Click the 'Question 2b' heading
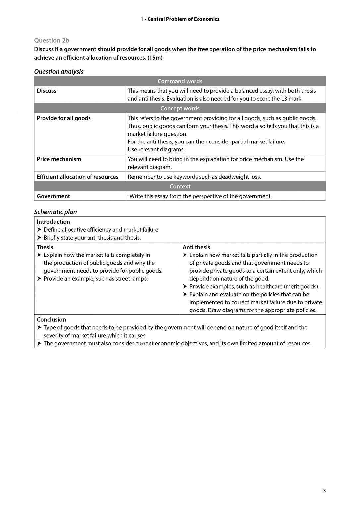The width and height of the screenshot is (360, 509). [x=52, y=40]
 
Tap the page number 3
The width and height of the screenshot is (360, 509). [x=324, y=491]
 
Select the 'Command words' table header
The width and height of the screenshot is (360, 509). [x=180, y=81]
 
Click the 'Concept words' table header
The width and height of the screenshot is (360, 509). [x=180, y=108]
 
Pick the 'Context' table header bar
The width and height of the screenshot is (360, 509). [x=180, y=186]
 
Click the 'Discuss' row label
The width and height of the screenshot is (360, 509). [x=47, y=91]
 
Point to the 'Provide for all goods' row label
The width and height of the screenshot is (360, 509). [x=64, y=118]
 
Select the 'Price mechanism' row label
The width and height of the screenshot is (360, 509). [x=59, y=159]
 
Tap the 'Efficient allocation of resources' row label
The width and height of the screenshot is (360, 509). [x=78, y=177]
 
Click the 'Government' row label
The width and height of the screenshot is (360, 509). [x=53, y=196]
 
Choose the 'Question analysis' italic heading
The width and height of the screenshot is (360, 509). [x=59, y=71]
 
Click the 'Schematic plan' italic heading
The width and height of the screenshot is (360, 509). [x=55, y=212]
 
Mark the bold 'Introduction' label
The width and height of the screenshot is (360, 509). [x=53, y=222]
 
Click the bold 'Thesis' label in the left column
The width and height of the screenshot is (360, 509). [x=45, y=247]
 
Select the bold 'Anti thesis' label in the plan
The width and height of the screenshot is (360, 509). [x=196, y=247]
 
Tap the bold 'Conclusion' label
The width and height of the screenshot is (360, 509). [x=51, y=319]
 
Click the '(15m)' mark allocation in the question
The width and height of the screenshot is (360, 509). [x=155, y=58]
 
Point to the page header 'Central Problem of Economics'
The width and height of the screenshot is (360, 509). [x=183, y=19]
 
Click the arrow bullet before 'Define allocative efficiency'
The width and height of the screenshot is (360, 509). [x=39, y=229]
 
